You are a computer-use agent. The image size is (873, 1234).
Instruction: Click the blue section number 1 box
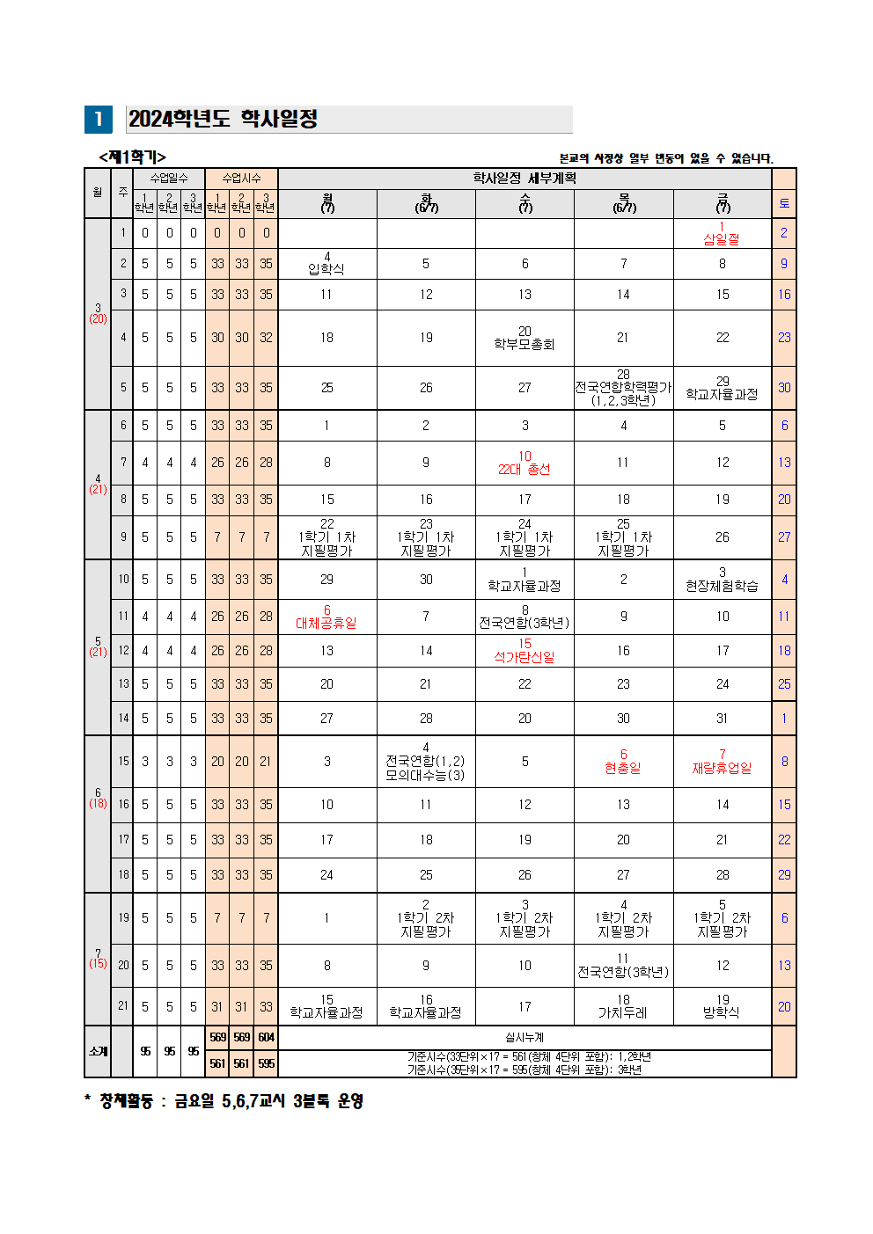tap(98, 120)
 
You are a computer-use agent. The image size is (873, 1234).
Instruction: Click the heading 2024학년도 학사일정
tap(223, 119)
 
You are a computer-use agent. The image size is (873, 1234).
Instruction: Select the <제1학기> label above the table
tap(132, 157)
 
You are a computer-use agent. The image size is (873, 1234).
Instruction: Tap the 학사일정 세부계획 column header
tap(525, 179)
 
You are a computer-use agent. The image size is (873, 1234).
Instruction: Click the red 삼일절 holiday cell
tap(722, 234)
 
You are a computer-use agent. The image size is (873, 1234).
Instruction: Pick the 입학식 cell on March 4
tap(326, 264)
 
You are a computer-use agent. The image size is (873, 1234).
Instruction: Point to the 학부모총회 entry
tap(525, 339)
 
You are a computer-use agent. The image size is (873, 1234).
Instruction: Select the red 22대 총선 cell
tap(525, 464)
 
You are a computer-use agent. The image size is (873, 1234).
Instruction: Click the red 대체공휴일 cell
tap(326, 617)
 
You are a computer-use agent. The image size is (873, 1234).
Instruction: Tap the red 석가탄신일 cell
tap(525, 651)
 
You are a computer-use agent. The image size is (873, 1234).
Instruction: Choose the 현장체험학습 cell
tap(722, 580)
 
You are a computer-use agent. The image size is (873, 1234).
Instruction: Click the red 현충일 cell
tap(623, 762)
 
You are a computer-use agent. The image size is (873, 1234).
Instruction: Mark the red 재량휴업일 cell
tap(722, 762)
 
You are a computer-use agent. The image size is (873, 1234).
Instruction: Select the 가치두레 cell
tap(623, 1007)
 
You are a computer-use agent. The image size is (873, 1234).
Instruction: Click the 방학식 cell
tap(722, 1007)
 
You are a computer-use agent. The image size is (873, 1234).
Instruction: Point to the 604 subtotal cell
tap(266, 1038)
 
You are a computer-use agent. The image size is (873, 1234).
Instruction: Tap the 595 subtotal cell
tap(266, 1063)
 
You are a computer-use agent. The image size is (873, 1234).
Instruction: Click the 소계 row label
tap(98, 1051)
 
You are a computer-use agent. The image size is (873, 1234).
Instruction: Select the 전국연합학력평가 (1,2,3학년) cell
tap(623, 388)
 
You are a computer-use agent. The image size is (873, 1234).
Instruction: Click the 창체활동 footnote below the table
tap(224, 1101)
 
